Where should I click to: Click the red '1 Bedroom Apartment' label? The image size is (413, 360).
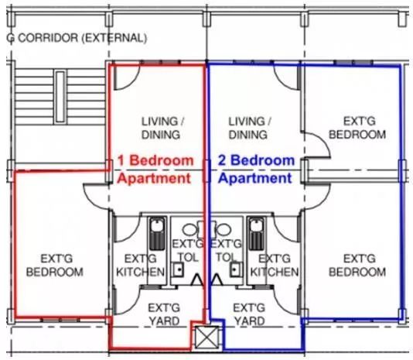155,170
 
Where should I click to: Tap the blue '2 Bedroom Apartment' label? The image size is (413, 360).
256,170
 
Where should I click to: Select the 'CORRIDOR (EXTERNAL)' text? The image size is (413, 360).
82,38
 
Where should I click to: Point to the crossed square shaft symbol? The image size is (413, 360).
206,337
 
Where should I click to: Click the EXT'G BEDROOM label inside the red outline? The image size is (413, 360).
55,266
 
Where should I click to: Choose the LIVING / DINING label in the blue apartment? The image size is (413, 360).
249,129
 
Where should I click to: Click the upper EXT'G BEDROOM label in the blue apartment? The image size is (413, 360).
357,129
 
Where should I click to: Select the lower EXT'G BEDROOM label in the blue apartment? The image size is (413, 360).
357,266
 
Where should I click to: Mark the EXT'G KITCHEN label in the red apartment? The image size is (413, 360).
141,266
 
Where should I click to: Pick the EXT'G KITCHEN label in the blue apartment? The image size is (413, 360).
275,266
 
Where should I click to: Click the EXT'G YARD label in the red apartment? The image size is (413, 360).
164,314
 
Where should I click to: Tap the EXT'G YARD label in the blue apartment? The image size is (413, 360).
249,314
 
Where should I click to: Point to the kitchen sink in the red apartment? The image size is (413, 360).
157,233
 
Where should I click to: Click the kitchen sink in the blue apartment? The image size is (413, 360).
257,233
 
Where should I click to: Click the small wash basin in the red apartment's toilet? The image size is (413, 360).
178,269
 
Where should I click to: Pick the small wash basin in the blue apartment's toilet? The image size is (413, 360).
236,269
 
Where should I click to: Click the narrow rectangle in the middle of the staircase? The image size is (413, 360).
60,97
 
